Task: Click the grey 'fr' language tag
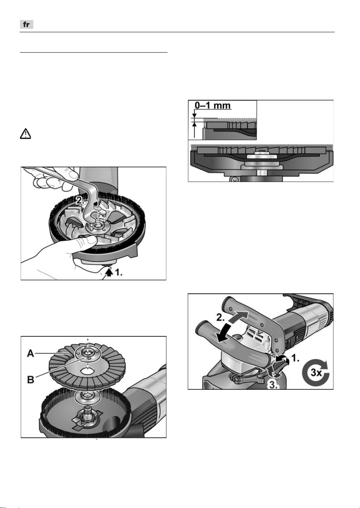(x=27, y=25)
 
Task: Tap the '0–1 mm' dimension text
(x=213, y=106)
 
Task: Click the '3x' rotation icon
(x=315, y=372)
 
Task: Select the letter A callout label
(x=31, y=353)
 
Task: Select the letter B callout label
(x=31, y=379)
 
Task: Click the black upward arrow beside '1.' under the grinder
(x=109, y=272)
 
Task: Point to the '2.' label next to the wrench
(x=80, y=201)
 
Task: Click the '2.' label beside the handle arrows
(x=221, y=317)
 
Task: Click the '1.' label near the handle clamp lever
(x=295, y=358)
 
